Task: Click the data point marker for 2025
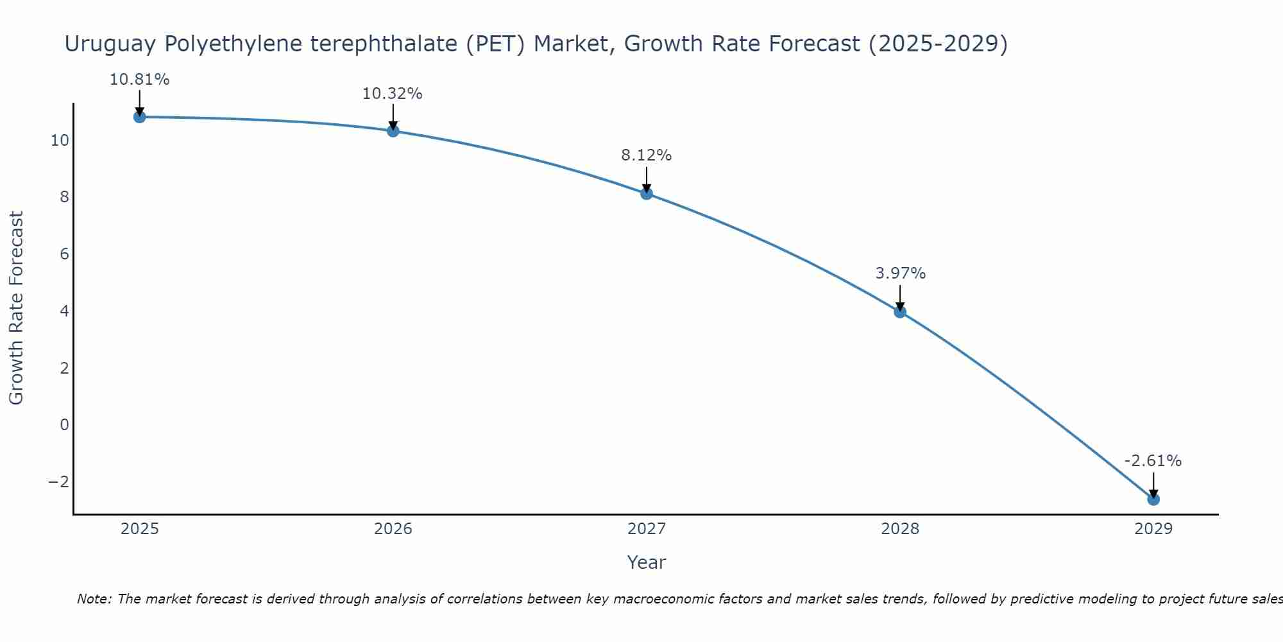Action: pyautogui.click(x=139, y=117)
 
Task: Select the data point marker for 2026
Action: pyautogui.click(x=393, y=131)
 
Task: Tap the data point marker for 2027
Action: pyautogui.click(x=647, y=193)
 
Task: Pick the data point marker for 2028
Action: pyautogui.click(x=900, y=312)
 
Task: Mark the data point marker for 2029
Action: pyautogui.click(x=1153, y=499)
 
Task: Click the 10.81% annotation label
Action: pyautogui.click(x=139, y=80)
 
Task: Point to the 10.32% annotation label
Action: pyautogui.click(x=393, y=94)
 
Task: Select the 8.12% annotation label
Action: pyautogui.click(x=646, y=155)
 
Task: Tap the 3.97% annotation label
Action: pyautogui.click(x=900, y=273)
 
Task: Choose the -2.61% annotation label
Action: pyautogui.click(x=1153, y=461)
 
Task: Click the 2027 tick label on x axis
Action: pyautogui.click(x=647, y=529)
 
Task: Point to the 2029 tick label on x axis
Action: pyautogui.click(x=1153, y=529)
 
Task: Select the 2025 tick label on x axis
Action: pyautogui.click(x=140, y=529)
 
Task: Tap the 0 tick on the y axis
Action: pyautogui.click(x=64, y=424)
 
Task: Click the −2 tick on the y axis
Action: pyautogui.click(x=59, y=481)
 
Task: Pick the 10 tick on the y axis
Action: pyautogui.click(x=60, y=140)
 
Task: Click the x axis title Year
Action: pyautogui.click(x=647, y=562)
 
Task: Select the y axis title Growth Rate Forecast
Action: pyautogui.click(x=16, y=308)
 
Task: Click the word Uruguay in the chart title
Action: pyautogui.click(x=110, y=44)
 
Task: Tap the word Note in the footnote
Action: pyautogui.click(x=94, y=599)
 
